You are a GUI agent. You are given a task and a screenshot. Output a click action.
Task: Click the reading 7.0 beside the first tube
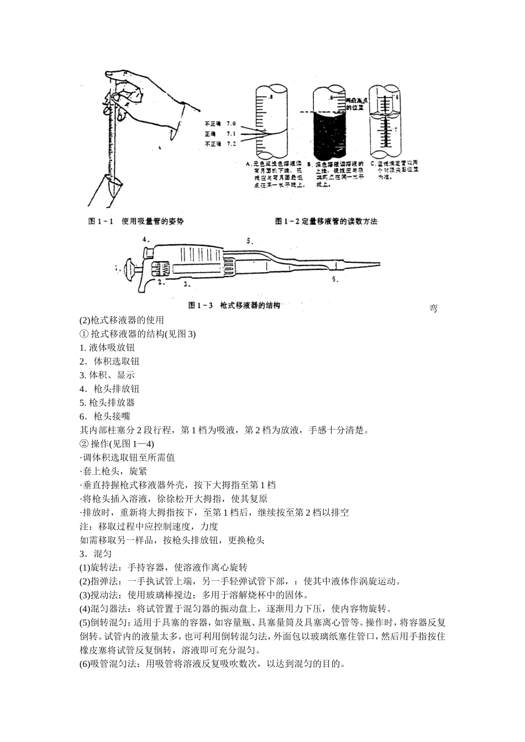(231, 124)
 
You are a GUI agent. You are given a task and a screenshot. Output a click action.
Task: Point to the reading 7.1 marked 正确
(231, 134)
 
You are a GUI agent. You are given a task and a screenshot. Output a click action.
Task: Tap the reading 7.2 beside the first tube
(231, 144)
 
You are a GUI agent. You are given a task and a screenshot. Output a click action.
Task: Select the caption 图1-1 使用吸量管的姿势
(136, 221)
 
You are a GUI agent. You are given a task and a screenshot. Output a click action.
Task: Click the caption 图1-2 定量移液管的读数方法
(326, 221)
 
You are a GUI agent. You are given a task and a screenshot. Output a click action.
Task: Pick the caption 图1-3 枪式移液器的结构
(235, 305)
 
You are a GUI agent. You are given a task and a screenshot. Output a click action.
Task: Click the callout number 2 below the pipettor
(160, 282)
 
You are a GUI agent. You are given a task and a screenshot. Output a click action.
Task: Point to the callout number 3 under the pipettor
(187, 284)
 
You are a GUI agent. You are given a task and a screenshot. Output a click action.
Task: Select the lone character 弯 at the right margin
(433, 308)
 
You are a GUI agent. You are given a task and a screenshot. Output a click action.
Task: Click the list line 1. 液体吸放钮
(107, 347)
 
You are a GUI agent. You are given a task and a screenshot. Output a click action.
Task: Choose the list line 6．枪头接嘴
(105, 416)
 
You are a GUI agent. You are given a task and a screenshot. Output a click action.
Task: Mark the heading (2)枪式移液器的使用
(122, 320)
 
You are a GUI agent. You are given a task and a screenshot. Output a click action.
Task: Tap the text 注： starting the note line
(89, 526)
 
